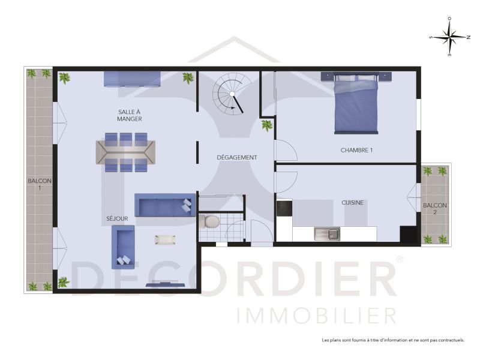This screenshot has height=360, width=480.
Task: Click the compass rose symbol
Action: [x=450, y=37]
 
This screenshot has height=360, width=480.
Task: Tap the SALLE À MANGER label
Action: [x=130, y=115]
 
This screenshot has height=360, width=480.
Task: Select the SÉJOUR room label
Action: [x=109, y=220]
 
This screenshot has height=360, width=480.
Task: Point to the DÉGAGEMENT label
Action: [x=237, y=158]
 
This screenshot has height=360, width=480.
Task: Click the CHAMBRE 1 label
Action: [x=356, y=150]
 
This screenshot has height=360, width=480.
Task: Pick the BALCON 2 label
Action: [x=434, y=209]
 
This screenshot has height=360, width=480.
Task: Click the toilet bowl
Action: [x=210, y=223]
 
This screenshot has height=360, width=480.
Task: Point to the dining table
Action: [x=125, y=152]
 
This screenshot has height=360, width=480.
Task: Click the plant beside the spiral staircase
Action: [x=266, y=125]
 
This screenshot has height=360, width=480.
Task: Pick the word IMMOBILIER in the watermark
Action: [x=316, y=315]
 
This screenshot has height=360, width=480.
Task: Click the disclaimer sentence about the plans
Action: [x=393, y=340]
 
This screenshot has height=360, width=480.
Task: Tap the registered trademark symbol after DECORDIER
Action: [x=400, y=259]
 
